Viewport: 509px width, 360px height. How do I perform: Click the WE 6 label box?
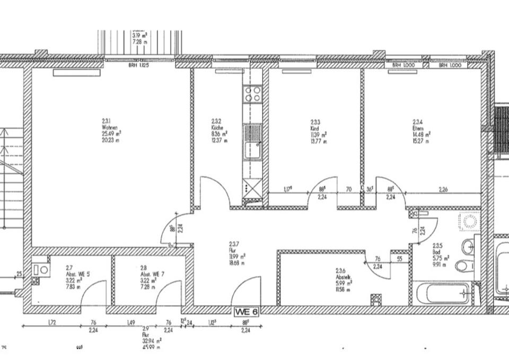246,312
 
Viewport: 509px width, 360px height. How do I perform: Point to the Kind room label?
318,132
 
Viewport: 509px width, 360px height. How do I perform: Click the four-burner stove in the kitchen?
252,94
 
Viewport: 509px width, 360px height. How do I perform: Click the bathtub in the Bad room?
441,293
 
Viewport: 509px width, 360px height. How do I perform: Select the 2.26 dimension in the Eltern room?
444,189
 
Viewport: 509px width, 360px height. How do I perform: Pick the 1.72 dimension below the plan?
51,322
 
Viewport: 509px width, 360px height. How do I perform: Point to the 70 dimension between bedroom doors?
349,189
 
